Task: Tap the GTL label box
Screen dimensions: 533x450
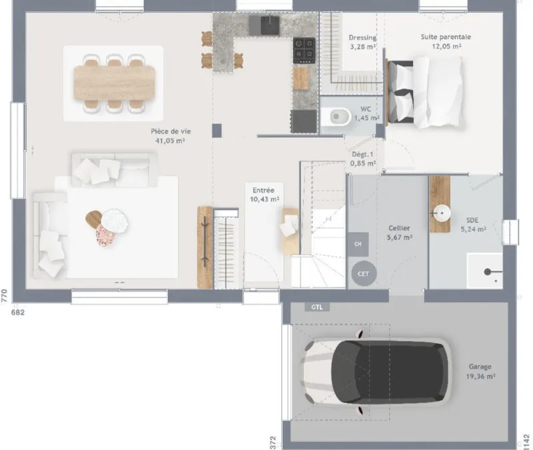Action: point(317,307)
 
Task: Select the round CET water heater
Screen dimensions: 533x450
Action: point(363,273)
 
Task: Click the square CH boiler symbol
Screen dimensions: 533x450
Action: point(358,244)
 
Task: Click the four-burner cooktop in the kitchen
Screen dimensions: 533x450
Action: point(304,51)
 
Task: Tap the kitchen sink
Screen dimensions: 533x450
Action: point(270,25)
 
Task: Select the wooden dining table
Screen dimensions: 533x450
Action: point(114,83)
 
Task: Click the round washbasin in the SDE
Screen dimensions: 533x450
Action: point(441,214)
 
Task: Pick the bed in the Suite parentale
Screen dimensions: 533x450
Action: point(425,93)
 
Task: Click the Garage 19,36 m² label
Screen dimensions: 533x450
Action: point(480,371)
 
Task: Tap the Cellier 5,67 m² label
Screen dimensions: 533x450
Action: point(399,232)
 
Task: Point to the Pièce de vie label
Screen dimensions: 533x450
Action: point(171,131)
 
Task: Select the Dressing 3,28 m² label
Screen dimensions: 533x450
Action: point(362,42)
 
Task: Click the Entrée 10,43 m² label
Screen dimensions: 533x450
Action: point(264,195)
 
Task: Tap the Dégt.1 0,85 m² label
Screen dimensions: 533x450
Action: point(362,159)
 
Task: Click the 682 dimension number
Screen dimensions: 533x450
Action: point(18,312)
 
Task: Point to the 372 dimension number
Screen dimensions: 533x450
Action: point(273,443)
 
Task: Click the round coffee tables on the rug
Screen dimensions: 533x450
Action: point(107,223)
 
